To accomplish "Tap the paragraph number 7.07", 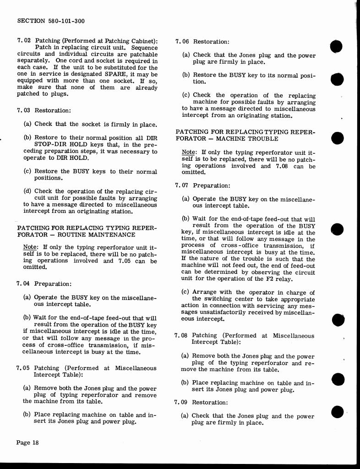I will pyautogui.click(x=182, y=185).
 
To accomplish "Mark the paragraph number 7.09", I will pyautogui.click(x=182, y=403).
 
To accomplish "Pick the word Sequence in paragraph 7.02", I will pyautogui.click(x=145, y=47).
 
